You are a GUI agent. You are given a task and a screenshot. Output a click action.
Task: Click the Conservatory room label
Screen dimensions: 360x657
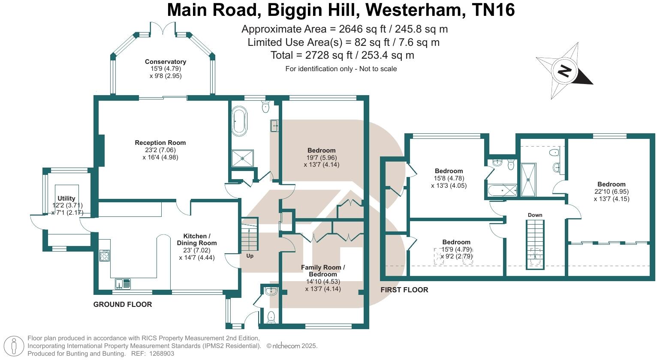(165, 62)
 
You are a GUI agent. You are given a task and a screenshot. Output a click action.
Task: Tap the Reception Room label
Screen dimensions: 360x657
(160, 143)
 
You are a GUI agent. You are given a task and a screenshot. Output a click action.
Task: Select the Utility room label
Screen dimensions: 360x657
(66, 198)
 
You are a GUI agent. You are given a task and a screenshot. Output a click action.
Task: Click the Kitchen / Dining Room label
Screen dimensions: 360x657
(197, 240)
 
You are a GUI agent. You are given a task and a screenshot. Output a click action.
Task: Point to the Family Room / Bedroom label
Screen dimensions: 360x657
(322, 270)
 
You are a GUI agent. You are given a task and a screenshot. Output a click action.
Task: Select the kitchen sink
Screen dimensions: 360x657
(123, 283)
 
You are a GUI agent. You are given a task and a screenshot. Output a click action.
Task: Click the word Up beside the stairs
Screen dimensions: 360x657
(250, 256)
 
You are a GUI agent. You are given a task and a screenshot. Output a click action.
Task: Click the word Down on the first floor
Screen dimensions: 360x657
(535, 215)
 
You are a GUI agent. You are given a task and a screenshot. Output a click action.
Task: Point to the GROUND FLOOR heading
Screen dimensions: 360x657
(123, 305)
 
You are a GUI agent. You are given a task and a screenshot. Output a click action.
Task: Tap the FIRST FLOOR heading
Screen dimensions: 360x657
(404, 290)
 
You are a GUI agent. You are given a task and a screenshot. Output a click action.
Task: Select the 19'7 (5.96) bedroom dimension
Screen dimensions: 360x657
(321, 157)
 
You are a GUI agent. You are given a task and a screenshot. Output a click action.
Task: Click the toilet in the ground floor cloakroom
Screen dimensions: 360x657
(271, 317)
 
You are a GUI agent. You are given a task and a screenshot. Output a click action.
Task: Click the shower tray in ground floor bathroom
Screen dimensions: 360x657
(242, 158)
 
